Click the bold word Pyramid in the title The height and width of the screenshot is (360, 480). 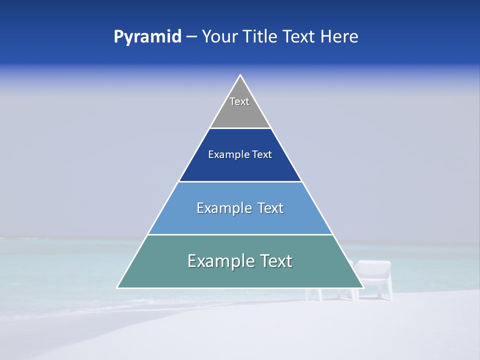tap(147, 37)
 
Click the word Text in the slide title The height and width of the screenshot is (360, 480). tap(299, 36)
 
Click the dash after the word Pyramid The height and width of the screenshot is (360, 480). tap(191, 37)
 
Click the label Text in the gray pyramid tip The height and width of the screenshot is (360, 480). tap(239, 101)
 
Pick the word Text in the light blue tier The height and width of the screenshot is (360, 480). tap(270, 208)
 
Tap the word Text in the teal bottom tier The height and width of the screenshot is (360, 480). tap(276, 261)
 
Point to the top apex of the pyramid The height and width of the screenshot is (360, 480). tap(240, 75)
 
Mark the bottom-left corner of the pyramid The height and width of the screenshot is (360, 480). tap(117, 287)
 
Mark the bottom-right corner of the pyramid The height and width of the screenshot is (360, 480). tap(363, 287)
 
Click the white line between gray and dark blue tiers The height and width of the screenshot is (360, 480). tap(240, 128)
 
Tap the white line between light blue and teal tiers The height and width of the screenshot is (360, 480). tap(240, 234)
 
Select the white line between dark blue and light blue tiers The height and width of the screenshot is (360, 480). tap(240, 181)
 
